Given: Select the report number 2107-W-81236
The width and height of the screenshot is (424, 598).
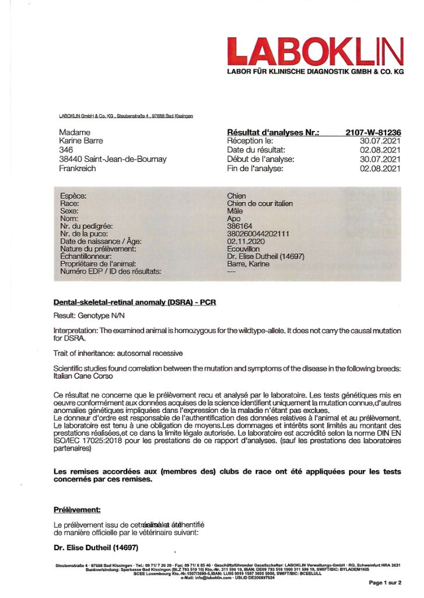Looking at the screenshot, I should point(373,133).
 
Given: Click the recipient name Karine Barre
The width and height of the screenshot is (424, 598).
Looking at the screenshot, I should point(81,141).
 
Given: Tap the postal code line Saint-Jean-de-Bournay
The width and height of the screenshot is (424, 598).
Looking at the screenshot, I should point(113,159).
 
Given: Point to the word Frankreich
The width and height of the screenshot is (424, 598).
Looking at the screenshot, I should point(79,168).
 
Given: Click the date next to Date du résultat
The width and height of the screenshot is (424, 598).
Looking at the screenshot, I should point(380,150).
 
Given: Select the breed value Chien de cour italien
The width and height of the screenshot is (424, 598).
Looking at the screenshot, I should point(260,204).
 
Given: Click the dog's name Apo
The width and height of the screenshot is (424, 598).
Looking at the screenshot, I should point(233,219).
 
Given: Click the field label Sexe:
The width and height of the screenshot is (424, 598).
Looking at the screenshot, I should point(69,211).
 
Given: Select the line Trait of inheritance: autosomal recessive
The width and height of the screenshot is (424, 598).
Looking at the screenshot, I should point(118,353).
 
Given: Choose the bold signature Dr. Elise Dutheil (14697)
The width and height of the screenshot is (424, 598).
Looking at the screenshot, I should point(96,548).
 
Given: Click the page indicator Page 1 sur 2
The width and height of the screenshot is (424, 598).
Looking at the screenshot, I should point(385,583).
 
